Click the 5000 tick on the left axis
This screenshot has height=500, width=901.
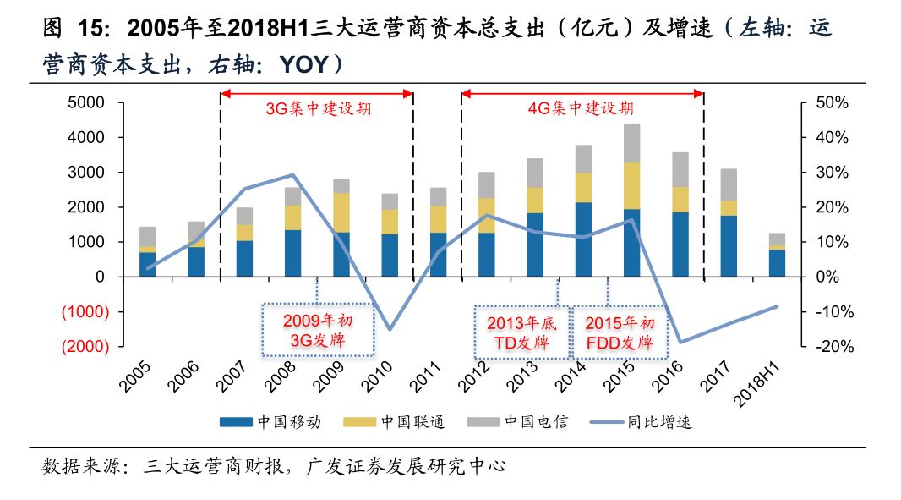coord(88,102)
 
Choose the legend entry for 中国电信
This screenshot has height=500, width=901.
coord(536,421)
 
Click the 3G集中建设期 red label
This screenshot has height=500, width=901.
coord(318,109)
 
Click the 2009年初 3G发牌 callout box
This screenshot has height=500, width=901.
coord(316,329)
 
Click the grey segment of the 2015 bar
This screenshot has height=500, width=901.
coord(631,142)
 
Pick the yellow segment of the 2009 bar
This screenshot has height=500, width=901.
coord(341,212)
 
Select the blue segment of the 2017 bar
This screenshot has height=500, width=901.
coord(729,245)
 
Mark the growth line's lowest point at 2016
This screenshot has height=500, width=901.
coord(680,343)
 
